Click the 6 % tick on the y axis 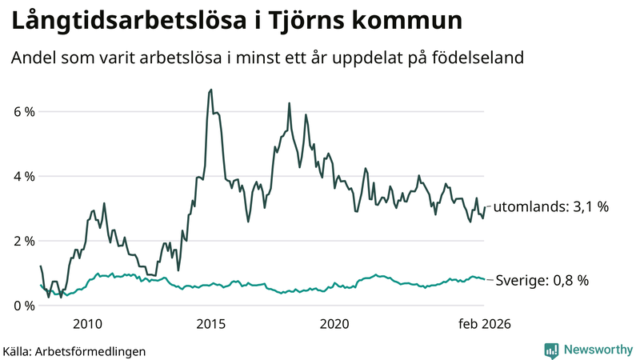pyautogui.click(x=24, y=111)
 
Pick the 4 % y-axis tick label pyautogui.click(x=24, y=176)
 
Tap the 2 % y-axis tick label pyautogui.click(x=24, y=241)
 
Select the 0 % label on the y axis pyautogui.click(x=24, y=306)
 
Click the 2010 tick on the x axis pyautogui.click(x=87, y=324)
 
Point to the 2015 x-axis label pyautogui.click(x=210, y=324)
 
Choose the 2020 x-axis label pyautogui.click(x=334, y=324)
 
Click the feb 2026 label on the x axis pyautogui.click(x=483, y=324)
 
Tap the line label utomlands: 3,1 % pyautogui.click(x=550, y=206)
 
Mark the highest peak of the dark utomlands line pyautogui.click(x=210, y=90)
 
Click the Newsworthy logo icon pyautogui.click(x=551, y=350)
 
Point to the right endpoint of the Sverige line pyautogui.click(x=484, y=279)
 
